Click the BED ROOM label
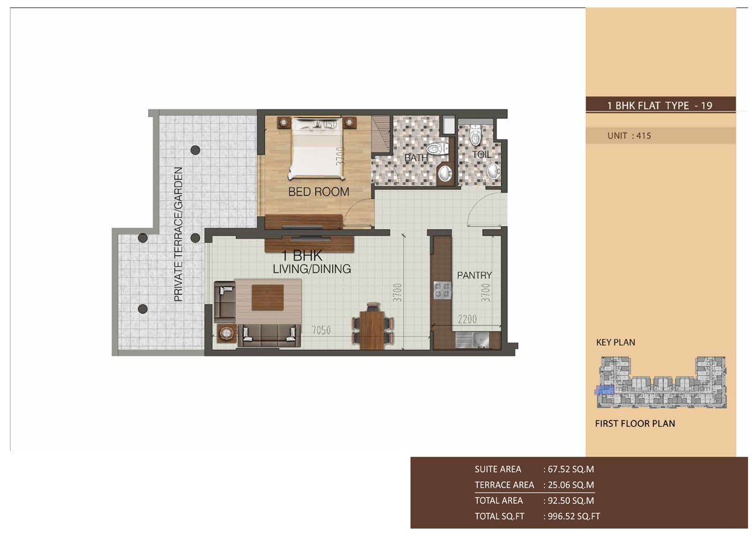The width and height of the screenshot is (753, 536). [318, 192]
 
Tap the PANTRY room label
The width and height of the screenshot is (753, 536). [474, 275]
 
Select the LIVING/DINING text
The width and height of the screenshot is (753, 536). [312, 269]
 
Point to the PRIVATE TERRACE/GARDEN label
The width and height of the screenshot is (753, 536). [179, 234]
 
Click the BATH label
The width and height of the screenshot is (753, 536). [416, 158]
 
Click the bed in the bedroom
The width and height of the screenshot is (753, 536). [317, 148]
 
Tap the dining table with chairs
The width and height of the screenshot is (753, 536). [372, 325]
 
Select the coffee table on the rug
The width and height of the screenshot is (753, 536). [268, 298]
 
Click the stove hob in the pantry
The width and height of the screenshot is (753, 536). [443, 290]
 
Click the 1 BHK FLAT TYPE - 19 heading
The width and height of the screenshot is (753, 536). [660, 106]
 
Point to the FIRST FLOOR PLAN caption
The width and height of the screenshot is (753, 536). [635, 424]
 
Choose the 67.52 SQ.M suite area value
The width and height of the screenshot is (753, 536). [569, 469]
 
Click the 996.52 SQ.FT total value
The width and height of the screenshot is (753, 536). [572, 516]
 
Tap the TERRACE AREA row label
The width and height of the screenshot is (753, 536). [504, 485]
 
